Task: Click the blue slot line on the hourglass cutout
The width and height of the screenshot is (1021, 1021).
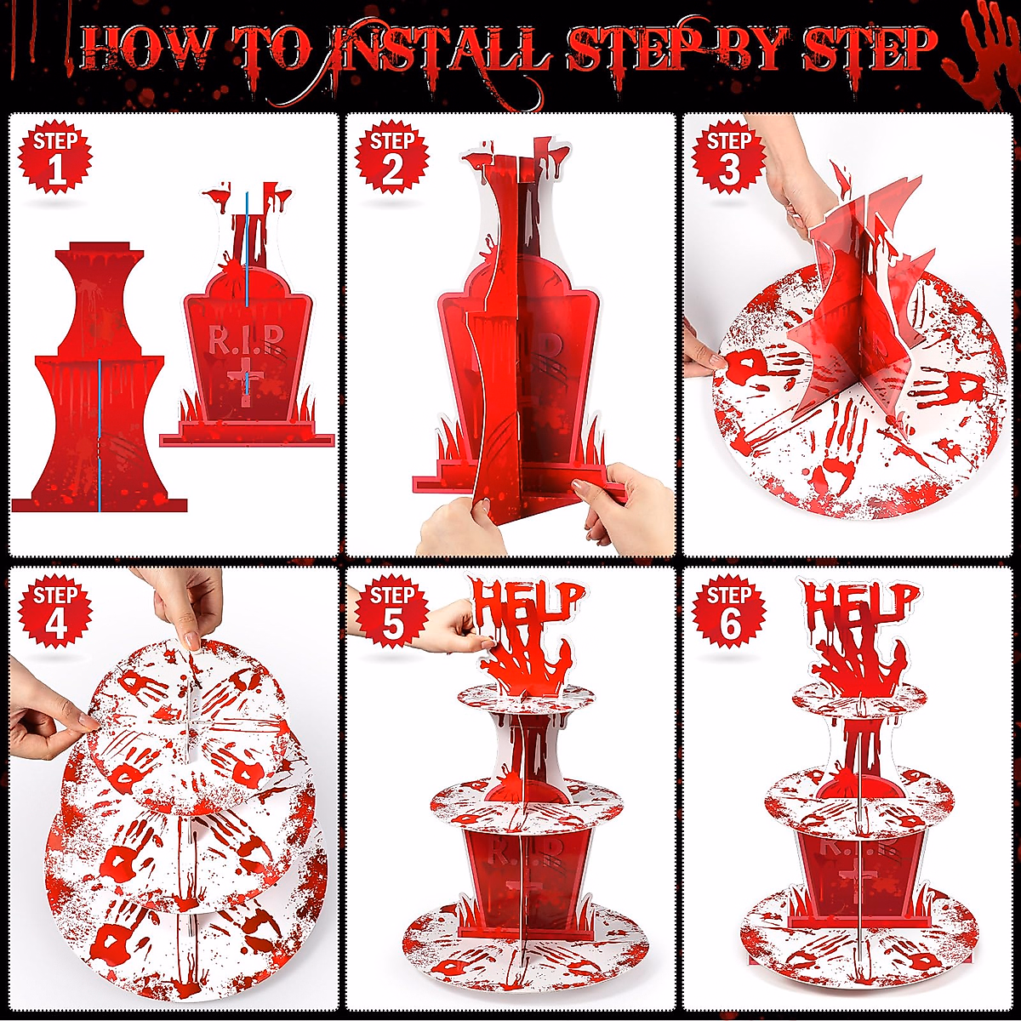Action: coord(100,434)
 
